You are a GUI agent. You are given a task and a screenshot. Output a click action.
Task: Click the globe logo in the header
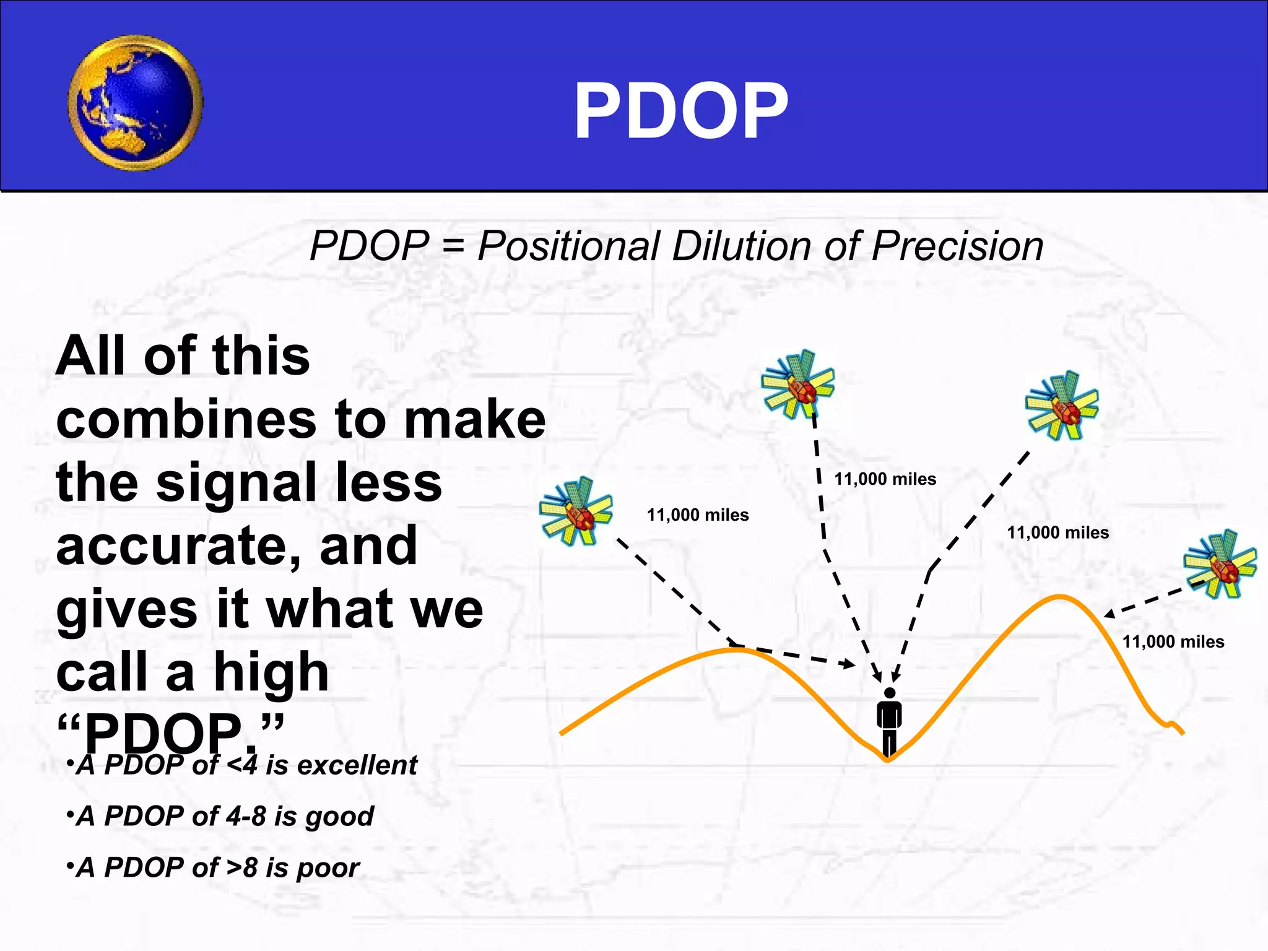[135, 103]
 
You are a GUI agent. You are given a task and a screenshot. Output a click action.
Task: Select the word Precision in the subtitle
[957, 246]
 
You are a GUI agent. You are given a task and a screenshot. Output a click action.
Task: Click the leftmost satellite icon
[576, 511]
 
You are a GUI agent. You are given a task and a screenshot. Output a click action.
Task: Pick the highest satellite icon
[798, 384]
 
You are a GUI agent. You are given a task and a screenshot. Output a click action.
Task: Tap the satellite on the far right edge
[1220, 564]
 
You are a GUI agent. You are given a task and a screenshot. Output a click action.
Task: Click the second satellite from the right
[1062, 406]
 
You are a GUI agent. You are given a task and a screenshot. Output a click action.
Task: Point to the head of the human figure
[890, 693]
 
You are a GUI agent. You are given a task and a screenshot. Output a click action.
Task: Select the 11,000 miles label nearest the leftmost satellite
[698, 515]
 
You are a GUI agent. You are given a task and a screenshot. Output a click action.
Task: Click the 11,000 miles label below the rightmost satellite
[1173, 642]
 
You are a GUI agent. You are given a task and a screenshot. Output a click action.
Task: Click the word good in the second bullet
[339, 817]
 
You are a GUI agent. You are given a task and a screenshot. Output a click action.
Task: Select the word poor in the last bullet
[328, 868]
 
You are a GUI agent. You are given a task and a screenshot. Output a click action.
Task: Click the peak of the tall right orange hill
[1060, 597]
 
